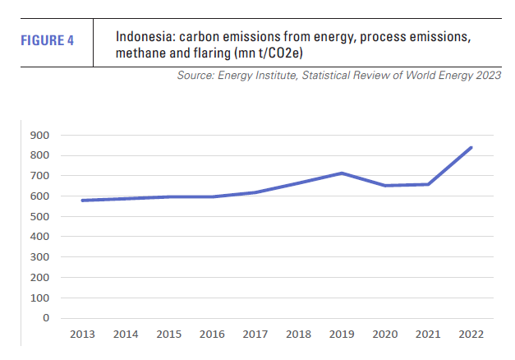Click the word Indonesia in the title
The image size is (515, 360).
143,38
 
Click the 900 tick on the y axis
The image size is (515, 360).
39,136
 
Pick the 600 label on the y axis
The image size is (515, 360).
39,196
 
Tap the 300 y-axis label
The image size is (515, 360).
39,257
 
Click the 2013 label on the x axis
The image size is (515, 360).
82,335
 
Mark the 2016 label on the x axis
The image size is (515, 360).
212,335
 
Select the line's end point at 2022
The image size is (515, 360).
471,148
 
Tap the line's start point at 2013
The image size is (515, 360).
82,201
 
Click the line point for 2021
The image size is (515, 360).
428,184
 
